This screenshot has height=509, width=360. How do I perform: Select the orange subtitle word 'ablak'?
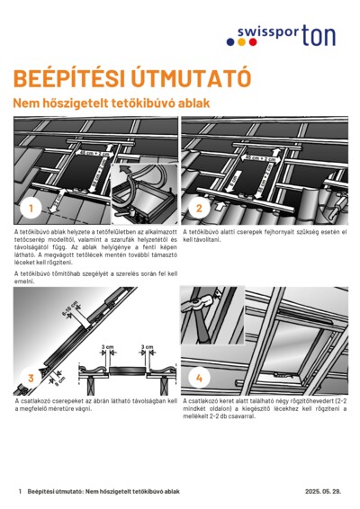click(194, 103)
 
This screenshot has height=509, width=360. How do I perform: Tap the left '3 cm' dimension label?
click(107, 346)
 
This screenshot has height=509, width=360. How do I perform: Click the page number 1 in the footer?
click(19, 492)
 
